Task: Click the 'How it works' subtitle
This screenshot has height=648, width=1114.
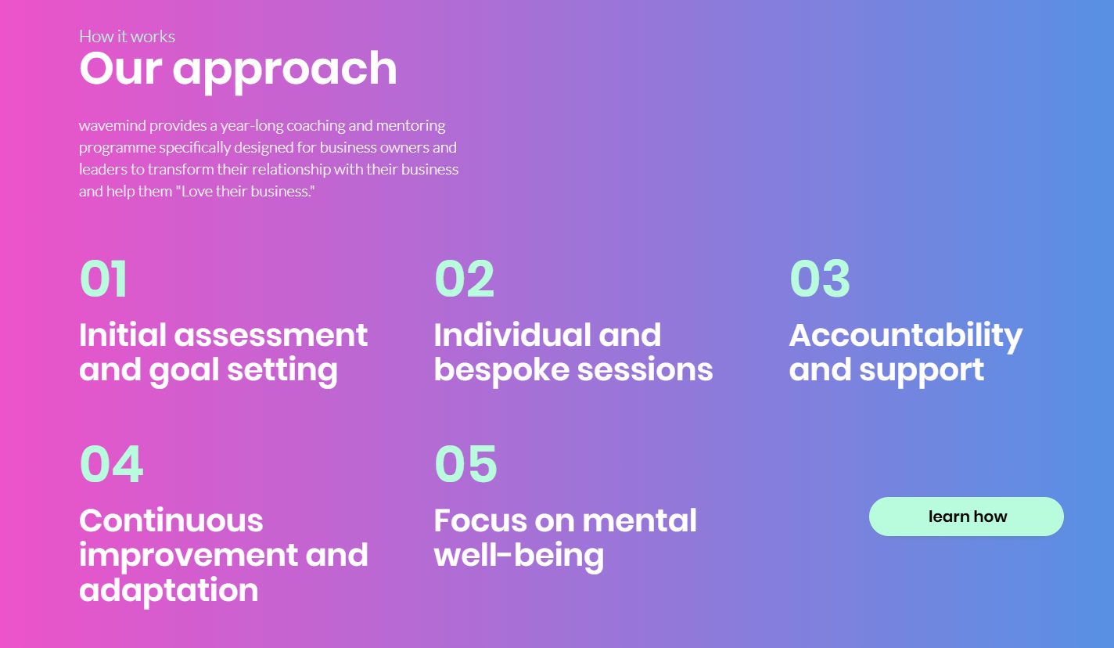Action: pos(127,36)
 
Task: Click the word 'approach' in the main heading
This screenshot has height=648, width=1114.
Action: pos(285,71)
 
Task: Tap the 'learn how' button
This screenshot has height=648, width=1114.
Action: pos(966,517)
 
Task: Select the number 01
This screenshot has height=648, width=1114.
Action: pos(103,279)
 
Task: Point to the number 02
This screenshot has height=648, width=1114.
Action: pos(464,279)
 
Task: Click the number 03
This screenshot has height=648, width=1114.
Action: pos(820,279)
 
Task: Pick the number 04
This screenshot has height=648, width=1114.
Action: pos(111,464)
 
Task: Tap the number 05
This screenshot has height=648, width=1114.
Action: pos(465,464)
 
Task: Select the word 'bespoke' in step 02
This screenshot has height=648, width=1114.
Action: pos(501,370)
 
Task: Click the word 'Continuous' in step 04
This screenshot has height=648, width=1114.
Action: pos(171,520)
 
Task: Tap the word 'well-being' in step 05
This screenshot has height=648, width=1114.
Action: pos(519,556)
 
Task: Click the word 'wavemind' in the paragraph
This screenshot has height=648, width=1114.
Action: pos(113,125)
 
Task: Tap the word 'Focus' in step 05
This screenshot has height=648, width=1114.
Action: pos(480,520)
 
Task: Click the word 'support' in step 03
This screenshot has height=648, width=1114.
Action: pos(922,371)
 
